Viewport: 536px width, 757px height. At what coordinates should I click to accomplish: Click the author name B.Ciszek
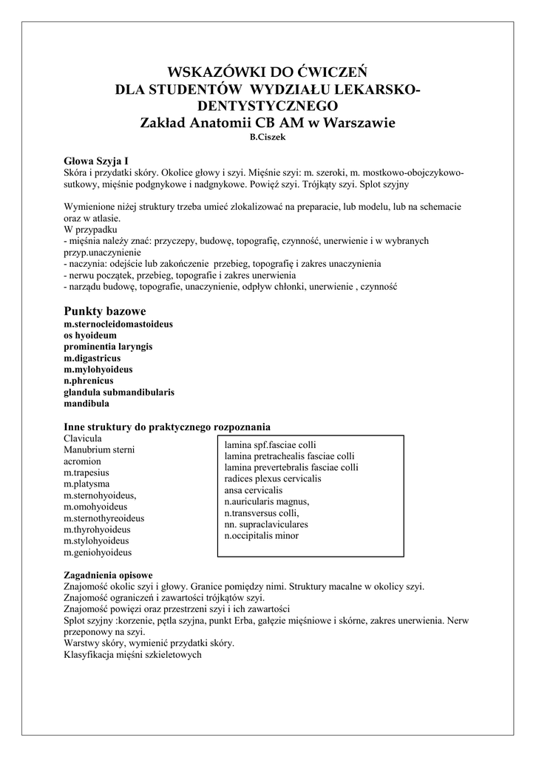pyautogui.click(x=268, y=138)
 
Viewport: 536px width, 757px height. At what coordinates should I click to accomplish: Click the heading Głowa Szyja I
pyautogui.click(x=97, y=160)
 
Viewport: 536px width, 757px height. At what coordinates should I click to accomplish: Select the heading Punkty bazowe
pyautogui.click(x=105, y=310)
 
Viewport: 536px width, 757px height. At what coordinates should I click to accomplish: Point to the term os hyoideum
pyautogui.click(x=90, y=335)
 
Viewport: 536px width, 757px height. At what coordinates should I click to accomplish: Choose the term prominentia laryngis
pyautogui.click(x=108, y=346)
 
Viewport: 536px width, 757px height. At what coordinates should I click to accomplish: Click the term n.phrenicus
pyautogui.click(x=89, y=380)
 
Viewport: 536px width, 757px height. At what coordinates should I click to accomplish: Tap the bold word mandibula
pyautogui.click(x=86, y=404)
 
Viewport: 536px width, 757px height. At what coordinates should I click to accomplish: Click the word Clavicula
pyautogui.click(x=82, y=438)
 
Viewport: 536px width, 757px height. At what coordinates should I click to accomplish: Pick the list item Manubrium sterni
pyautogui.click(x=99, y=450)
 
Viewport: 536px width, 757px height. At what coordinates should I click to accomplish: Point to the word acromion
pyautogui.click(x=82, y=461)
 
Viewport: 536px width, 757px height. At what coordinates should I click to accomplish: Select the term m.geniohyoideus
pyautogui.click(x=98, y=552)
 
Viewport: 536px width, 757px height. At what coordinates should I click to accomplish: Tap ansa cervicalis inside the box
pyautogui.click(x=254, y=490)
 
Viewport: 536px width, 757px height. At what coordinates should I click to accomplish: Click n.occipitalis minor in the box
pyautogui.click(x=262, y=535)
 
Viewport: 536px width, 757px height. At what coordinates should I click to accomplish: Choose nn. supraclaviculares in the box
pyautogui.click(x=266, y=524)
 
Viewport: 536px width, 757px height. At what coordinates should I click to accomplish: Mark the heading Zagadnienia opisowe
pyautogui.click(x=109, y=574)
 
